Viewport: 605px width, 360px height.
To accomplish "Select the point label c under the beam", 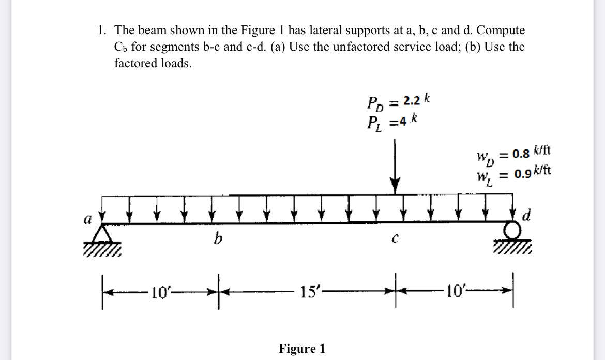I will (395, 239).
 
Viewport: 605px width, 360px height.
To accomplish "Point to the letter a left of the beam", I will (87, 219).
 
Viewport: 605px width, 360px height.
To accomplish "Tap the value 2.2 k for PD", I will (409, 100).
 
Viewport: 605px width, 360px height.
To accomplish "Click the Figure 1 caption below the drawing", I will (302, 349).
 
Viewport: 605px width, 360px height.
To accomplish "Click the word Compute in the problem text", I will (500, 31).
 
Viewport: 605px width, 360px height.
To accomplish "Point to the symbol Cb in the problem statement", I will (120, 48).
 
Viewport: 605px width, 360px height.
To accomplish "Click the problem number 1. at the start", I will (101, 31).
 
